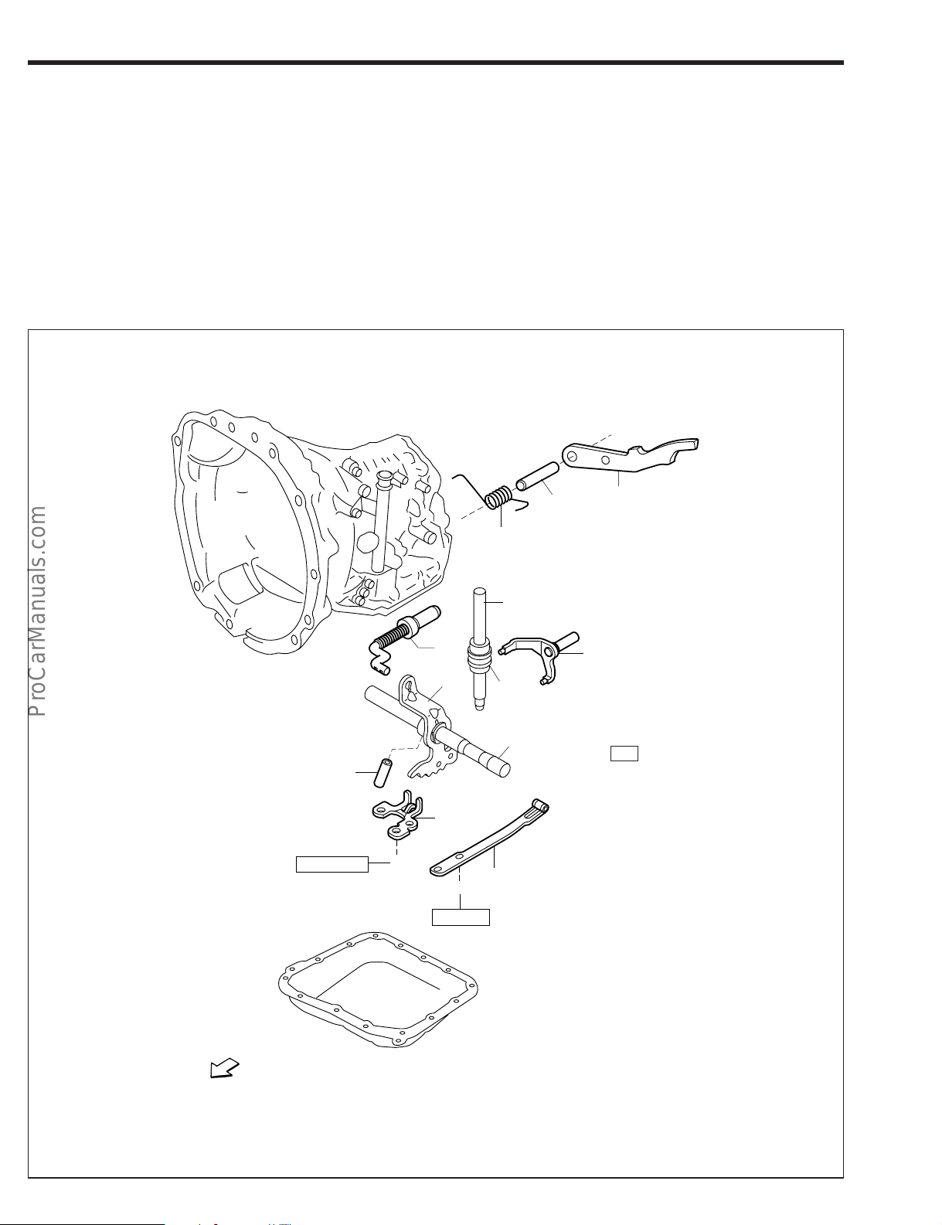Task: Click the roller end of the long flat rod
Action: (x=540, y=808)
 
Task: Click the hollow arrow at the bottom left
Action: (x=223, y=1070)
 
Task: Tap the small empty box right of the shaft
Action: (x=624, y=754)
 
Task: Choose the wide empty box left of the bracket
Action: (x=332, y=864)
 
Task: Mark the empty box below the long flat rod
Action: (x=461, y=917)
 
